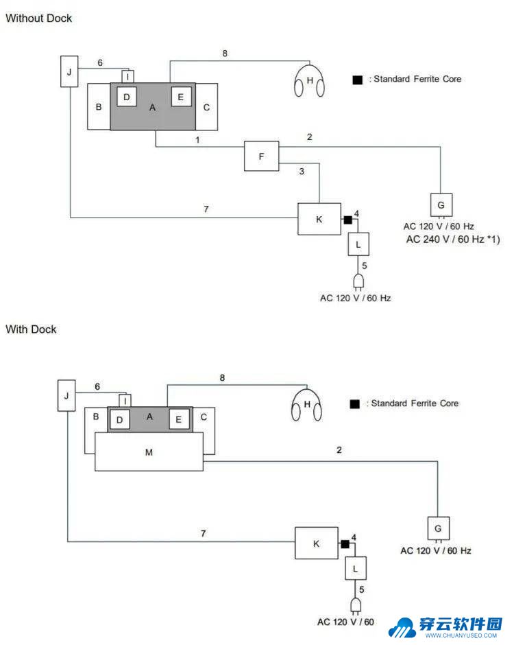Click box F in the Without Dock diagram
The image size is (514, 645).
pyautogui.click(x=261, y=156)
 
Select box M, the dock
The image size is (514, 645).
pyautogui.click(x=149, y=451)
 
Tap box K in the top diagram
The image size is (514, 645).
pyautogui.click(x=319, y=219)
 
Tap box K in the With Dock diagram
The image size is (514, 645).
pyautogui.click(x=317, y=543)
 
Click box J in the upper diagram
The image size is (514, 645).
pyautogui.click(x=69, y=71)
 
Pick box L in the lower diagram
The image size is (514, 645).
pyautogui.click(x=356, y=568)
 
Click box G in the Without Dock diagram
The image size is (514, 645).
pyautogui.click(x=441, y=205)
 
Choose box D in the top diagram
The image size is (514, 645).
pyautogui.click(x=127, y=97)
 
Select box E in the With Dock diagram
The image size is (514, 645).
pyautogui.click(x=179, y=419)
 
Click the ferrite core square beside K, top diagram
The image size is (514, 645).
pyautogui.click(x=347, y=220)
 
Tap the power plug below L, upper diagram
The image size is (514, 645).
pyautogui.click(x=358, y=282)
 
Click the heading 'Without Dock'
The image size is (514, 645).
pyautogui.click(x=38, y=18)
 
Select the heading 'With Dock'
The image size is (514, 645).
pyautogui.click(x=31, y=329)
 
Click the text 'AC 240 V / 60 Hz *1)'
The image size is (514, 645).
pyautogui.click(x=453, y=239)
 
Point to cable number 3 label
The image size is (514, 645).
pyautogui.click(x=302, y=171)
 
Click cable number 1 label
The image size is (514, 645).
pyautogui.click(x=197, y=140)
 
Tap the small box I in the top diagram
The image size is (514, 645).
pyautogui.click(x=127, y=76)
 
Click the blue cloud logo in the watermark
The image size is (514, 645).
pyautogui.click(x=402, y=628)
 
